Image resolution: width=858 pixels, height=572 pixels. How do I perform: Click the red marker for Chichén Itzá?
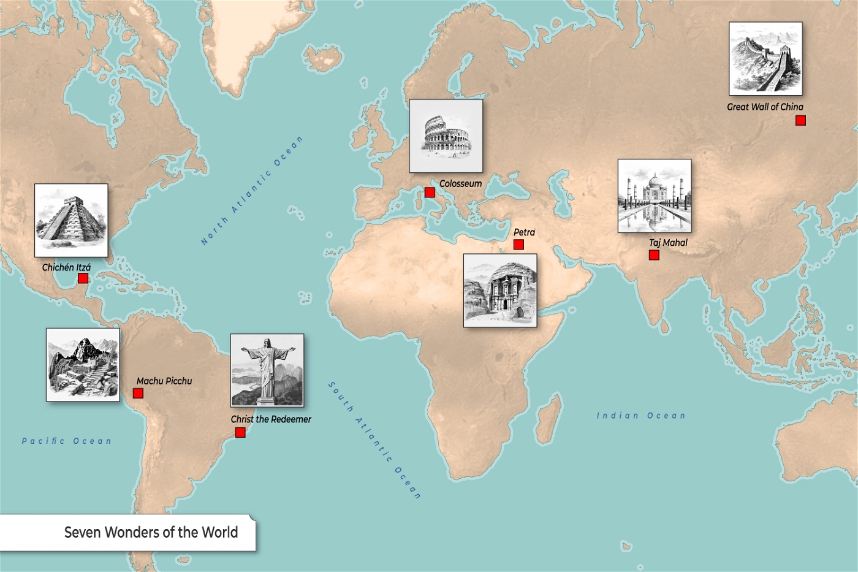point(83,278)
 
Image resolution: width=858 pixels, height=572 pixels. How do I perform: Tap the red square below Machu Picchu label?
point(138,393)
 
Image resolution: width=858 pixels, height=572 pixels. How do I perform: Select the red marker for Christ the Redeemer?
point(240,433)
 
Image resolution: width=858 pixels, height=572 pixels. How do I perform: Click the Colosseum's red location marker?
point(430,193)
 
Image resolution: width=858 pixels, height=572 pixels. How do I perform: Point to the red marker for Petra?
point(518,245)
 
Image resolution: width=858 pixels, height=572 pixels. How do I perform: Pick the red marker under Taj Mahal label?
point(654,255)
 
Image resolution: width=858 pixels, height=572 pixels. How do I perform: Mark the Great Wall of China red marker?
point(800,121)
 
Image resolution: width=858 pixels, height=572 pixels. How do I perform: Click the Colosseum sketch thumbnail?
point(446,136)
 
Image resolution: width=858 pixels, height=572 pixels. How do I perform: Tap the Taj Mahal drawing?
point(655,196)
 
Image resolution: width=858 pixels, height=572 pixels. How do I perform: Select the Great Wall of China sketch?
point(765,59)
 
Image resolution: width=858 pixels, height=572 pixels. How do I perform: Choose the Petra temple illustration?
point(500,291)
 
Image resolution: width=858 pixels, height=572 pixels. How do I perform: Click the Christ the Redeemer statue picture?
point(267,370)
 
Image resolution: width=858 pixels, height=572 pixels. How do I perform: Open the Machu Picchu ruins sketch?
point(83,365)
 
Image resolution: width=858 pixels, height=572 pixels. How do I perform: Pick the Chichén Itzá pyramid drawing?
point(71,220)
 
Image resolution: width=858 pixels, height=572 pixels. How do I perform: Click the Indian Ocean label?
point(641,416)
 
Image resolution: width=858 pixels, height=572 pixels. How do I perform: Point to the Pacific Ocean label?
point(67,441)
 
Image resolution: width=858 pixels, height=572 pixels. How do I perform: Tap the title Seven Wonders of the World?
point(151,532)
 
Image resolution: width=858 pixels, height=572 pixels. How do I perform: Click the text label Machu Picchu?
point(164,381)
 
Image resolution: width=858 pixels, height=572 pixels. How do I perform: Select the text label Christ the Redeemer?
point(271,419)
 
